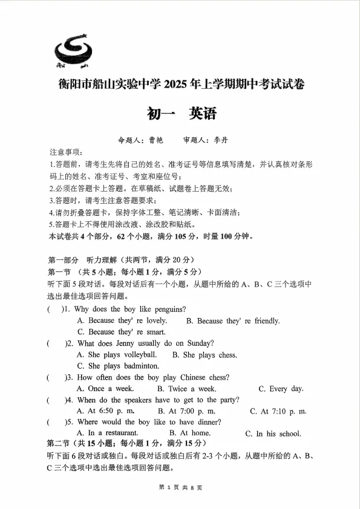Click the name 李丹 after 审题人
[x=222, y=140]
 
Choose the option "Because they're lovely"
[x=122, y=321]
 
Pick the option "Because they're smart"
[x=121, y=332]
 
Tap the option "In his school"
[x=273, y=433]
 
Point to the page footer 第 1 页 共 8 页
[x=180, y=487]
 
